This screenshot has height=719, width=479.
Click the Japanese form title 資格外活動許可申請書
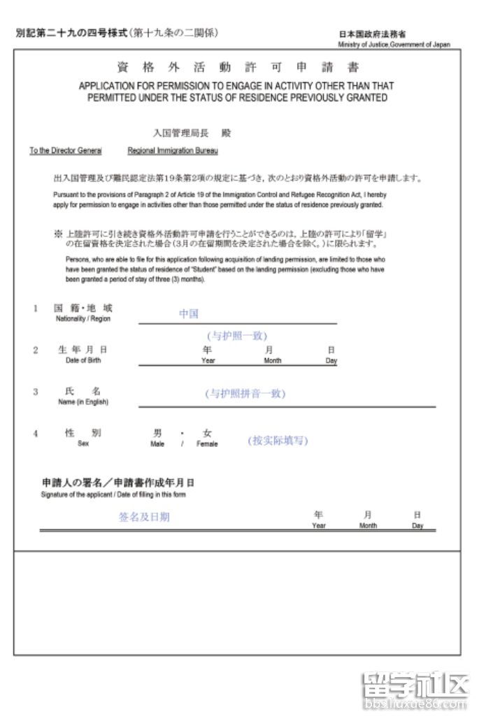(238, 69)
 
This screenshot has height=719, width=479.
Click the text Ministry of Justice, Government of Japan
(394, 45)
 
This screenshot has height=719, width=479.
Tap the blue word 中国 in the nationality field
(189, 314)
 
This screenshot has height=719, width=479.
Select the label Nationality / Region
(83, 319)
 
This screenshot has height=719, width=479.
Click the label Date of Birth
(83, 361)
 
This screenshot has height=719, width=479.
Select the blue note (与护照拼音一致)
(245, 394)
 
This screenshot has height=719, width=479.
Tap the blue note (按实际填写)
(278, 441)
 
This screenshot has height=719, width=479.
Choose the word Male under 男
(157, 444)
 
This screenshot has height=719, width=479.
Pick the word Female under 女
(207, 444)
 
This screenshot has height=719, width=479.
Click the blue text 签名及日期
(144, 518)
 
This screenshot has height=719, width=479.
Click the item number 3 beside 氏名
(35, 392)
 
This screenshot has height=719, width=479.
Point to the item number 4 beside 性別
(35, 434)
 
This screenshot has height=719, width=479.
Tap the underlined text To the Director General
(66, 151)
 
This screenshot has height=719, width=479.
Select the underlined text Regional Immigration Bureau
(173, 151)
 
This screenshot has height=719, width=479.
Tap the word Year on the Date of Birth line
(208, 361)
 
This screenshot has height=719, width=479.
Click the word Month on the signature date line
(368, 526)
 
